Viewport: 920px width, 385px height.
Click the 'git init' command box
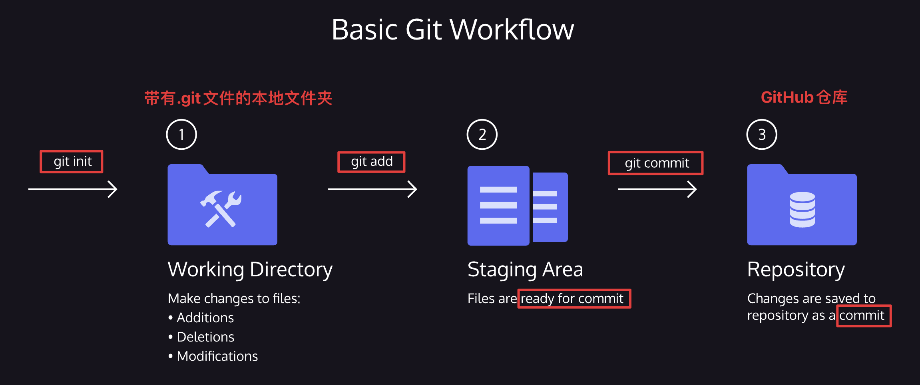(x=72, y=162)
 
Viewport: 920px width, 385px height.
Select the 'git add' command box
(x=371, y=162)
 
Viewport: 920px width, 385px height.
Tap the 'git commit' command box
(x=655, y=163)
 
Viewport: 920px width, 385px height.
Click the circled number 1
(x=181, y=135)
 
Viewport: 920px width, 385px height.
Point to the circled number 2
(x=482, y=135)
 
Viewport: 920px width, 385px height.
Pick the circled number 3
(x=762, y=135)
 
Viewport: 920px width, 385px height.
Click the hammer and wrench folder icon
(x=222, y=204)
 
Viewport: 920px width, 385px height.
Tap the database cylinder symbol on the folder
(x=802, y=210)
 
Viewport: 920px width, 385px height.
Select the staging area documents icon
(x=518, y=205)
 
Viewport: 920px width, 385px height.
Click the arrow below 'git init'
(x=73, y=189)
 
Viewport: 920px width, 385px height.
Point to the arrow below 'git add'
(x=372, y=189)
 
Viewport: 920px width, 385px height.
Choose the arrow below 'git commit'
(x=657, y=189)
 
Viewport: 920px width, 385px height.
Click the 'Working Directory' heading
(x=250, y=270)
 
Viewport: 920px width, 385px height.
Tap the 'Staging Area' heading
(x=525, y=270)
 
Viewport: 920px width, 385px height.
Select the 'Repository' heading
(x=796, y=270)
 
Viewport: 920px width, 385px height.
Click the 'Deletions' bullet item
(x=201, y=337)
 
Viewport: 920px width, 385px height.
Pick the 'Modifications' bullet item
(x=213, y=356)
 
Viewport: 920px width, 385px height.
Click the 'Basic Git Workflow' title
(x=453, y=30)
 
